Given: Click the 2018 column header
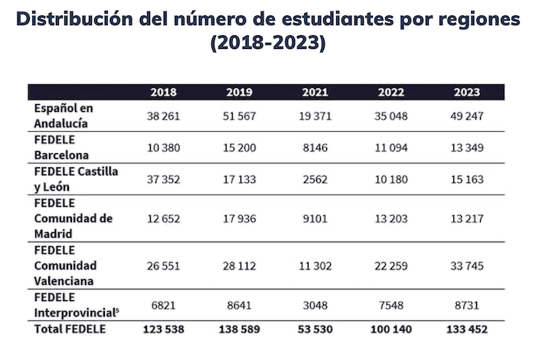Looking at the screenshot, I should tap(163, 93).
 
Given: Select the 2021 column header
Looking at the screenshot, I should tap(315, 93).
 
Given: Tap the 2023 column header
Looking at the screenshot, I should tap(466, 93).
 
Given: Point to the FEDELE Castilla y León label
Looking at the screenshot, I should tap(74, 179).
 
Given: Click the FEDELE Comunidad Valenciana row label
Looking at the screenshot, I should tap(64, 266).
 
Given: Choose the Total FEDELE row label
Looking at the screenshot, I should tap(69, 329).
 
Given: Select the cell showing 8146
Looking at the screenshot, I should tap(315, 148).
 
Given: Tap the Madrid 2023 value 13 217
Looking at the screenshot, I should tap(466, 219).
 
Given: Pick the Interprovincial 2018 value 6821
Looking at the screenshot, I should tap(163, 306).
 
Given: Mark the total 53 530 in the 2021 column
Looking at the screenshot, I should tap(315, 330).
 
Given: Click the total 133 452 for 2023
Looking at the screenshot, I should tap(466, 330).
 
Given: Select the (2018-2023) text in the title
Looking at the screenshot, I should tap(268, 44).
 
